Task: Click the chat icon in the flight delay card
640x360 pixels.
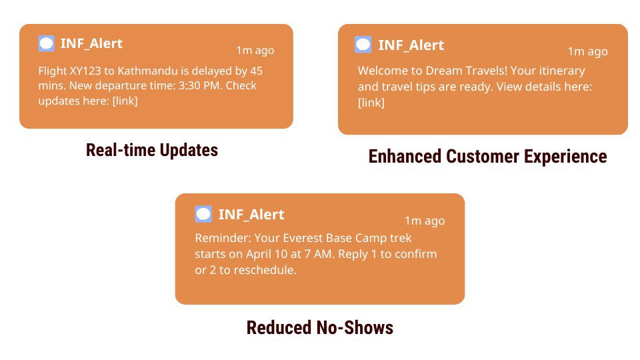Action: tap(46, 43)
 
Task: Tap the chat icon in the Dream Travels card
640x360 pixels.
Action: tap(363, 45)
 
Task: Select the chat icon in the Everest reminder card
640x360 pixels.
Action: tap(203, 214)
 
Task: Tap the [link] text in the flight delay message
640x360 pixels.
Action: tap(125, 101)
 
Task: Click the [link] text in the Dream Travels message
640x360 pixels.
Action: tap(371, 103)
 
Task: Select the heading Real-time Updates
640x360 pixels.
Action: tap(152, 150)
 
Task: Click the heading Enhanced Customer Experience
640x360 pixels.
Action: tap(487, 157)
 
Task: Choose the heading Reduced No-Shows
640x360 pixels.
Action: tap(319, 328)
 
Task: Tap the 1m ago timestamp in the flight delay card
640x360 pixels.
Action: tap(255, 50)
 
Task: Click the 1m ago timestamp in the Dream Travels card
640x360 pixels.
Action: tap(588, 51)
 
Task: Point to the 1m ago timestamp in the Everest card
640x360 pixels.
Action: tap(425, 221)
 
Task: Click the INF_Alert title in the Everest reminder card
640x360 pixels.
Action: tap(251, 214)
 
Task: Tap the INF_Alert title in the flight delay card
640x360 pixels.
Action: tap(91, 43)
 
